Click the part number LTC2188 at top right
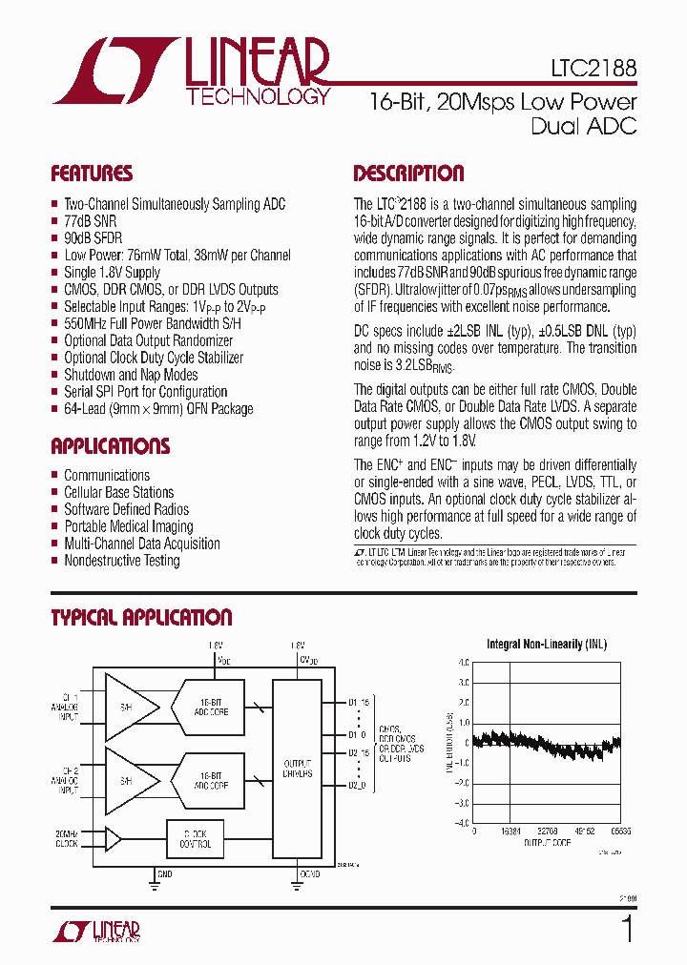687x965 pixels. click(x=593, y=71)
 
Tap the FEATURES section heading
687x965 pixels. click(x=92, y=174)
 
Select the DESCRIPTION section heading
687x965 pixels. click(x=408, y=174)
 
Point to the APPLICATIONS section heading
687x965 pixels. click(x=110, y=446)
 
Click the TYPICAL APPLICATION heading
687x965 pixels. click(x=141, y=618)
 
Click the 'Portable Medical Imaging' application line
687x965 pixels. click(x=128, y=526)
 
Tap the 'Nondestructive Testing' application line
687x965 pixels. click(x=121, y=561)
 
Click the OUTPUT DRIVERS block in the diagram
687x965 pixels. click(x=297, y=768)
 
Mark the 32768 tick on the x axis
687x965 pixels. click(x=548, y=832)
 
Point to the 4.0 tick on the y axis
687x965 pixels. click(x=464, y=663)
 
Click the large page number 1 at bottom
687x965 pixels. click(x=627, y=929)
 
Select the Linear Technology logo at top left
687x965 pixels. click(x=191, y=72)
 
